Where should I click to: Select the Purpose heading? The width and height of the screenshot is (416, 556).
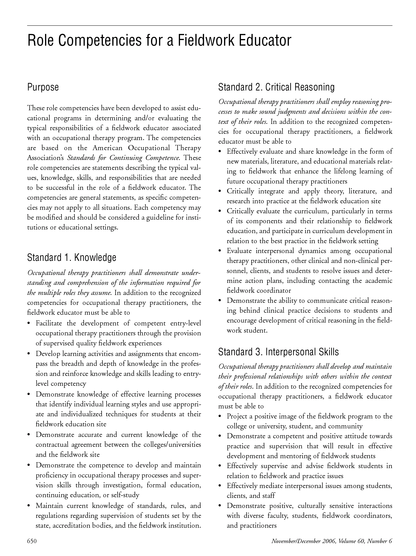pos(43,87)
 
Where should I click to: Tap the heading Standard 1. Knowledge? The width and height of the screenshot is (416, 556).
pos(71,257)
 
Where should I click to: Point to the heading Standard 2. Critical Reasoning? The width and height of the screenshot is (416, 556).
pos(276,87)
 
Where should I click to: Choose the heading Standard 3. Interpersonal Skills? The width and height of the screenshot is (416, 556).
pos(278,352)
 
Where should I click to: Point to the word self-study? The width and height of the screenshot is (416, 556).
pos(125,495)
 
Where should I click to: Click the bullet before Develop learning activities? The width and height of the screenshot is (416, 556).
pos(29,354)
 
